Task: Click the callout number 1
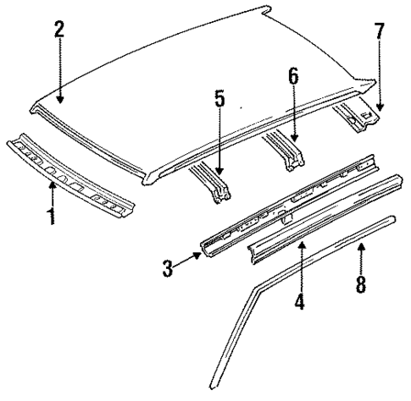pos(52,215)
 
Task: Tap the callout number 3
pos(168,268)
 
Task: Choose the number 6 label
pos(292,76)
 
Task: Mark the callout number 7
pos(380,33)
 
